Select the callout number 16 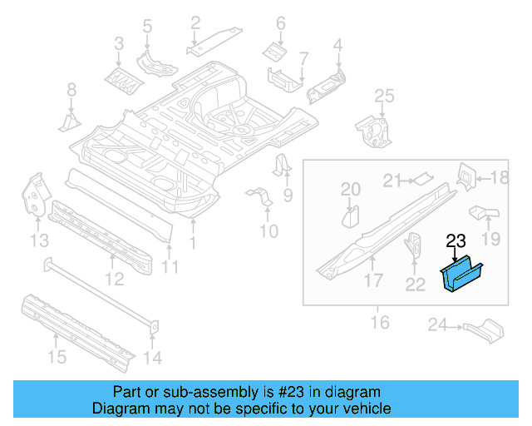point(379,321)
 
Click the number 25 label point(382,97)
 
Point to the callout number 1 point(193,242)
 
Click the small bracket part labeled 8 point(70,122)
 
